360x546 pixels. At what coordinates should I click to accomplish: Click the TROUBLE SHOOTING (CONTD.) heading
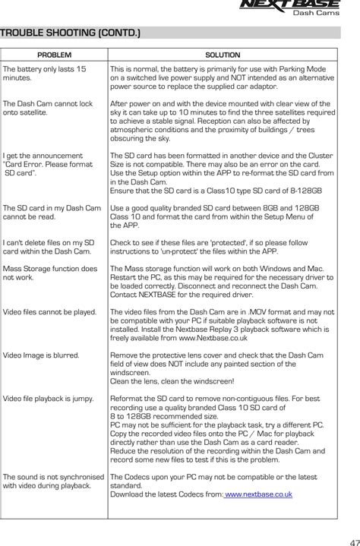[70, 33]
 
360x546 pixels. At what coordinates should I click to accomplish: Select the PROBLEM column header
[54, 55]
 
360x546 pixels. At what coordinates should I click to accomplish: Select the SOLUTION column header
[223, 55]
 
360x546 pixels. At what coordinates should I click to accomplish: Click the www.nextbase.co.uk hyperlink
[258, 494]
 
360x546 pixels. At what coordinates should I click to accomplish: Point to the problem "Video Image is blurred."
[42, 355]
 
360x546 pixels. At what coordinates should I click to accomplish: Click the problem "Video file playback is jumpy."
[48, 398]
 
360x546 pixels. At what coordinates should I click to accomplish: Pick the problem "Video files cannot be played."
[49, 311]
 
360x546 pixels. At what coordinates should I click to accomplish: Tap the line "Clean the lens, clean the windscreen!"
[172, 381]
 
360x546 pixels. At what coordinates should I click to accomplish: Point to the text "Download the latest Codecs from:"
[166, 494]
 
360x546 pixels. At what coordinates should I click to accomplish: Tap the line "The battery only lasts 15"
[44, 69]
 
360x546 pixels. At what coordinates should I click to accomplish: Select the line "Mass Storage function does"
[50, 268]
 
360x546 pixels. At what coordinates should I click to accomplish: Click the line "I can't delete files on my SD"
[49, 242]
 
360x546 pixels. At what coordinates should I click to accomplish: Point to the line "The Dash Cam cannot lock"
[47, 103]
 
